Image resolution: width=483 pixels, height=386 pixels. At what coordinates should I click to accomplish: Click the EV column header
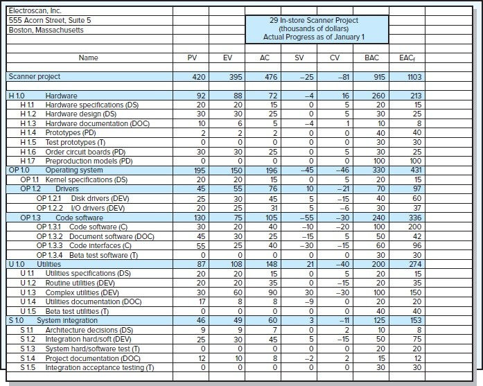227,58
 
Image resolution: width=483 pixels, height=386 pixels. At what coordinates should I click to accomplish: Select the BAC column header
371,58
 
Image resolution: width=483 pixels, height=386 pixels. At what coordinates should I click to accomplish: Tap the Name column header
88,58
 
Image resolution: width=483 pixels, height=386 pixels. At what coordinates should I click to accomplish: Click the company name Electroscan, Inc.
35,11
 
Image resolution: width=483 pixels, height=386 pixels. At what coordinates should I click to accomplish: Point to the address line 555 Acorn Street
50,20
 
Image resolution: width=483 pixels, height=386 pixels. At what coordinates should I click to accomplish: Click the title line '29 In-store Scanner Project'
314,21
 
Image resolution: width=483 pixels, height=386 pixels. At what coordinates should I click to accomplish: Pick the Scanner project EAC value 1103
414,77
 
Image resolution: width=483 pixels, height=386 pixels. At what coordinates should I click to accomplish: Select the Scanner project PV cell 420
199,77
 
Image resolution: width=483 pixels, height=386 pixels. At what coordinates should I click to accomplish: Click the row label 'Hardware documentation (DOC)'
97,124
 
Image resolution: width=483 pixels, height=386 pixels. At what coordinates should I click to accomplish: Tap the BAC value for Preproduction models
379,161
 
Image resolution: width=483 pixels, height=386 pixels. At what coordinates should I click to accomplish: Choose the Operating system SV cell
307,170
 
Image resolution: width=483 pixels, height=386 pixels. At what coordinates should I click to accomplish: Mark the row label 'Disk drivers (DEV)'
100,199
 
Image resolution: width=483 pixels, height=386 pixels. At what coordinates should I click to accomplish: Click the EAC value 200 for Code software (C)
414,227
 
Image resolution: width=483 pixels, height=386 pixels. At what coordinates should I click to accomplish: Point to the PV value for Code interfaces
201,246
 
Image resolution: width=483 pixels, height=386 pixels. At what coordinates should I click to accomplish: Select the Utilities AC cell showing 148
271,264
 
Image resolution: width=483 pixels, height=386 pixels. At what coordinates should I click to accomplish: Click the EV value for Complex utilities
238,292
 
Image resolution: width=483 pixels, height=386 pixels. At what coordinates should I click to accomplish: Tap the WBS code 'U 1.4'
28,302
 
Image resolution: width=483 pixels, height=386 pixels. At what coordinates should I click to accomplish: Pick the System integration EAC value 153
416,321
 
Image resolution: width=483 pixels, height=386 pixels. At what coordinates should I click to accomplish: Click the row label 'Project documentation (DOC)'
93,358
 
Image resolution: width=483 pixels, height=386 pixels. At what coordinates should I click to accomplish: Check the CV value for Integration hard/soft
342,340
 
